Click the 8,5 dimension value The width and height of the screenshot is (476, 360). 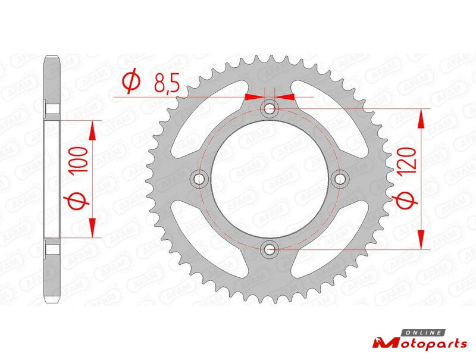click(167, 83)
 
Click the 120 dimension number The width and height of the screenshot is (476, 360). click(406, 161)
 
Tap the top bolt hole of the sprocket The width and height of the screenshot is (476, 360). click(270, 108)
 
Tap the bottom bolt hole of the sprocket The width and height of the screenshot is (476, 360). click(270, 249)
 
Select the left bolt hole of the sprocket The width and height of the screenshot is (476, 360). click(199, 179)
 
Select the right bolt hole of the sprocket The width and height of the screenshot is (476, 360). click(340, 179)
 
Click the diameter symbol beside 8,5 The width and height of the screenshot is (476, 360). click(131, 82)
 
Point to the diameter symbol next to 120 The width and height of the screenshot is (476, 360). click(405, 201)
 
